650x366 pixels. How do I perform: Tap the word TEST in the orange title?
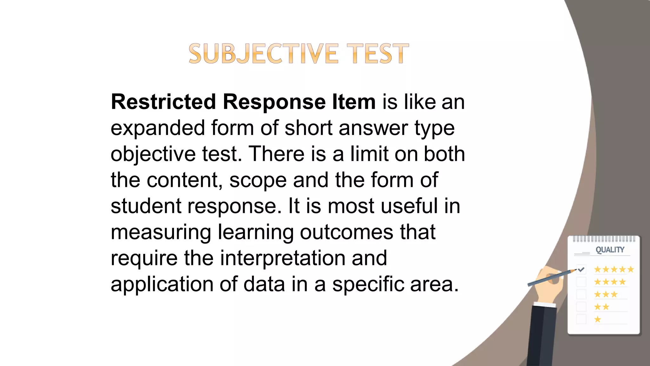(377, 54)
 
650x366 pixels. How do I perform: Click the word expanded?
(158, 128)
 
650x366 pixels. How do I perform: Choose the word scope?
(258, 180)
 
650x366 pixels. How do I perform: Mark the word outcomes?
(347, 232)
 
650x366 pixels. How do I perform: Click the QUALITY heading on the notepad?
(610, 250)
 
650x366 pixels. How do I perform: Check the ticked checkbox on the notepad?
(581, 270)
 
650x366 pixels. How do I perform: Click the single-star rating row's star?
(598, 319)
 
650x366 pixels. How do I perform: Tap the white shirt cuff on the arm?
(545, 305)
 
